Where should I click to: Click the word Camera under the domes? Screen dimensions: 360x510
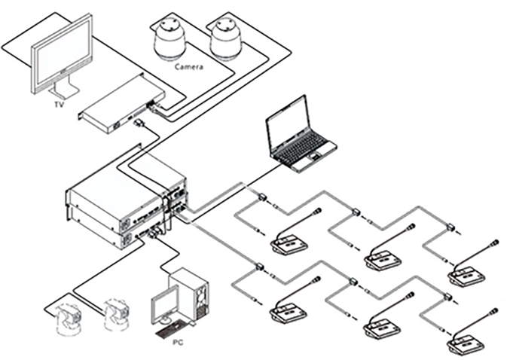(188, 67)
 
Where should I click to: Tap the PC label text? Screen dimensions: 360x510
(176, 342)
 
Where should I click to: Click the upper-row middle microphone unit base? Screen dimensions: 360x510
(383, 260)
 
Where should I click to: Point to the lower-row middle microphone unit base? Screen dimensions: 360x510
(383, 328)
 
